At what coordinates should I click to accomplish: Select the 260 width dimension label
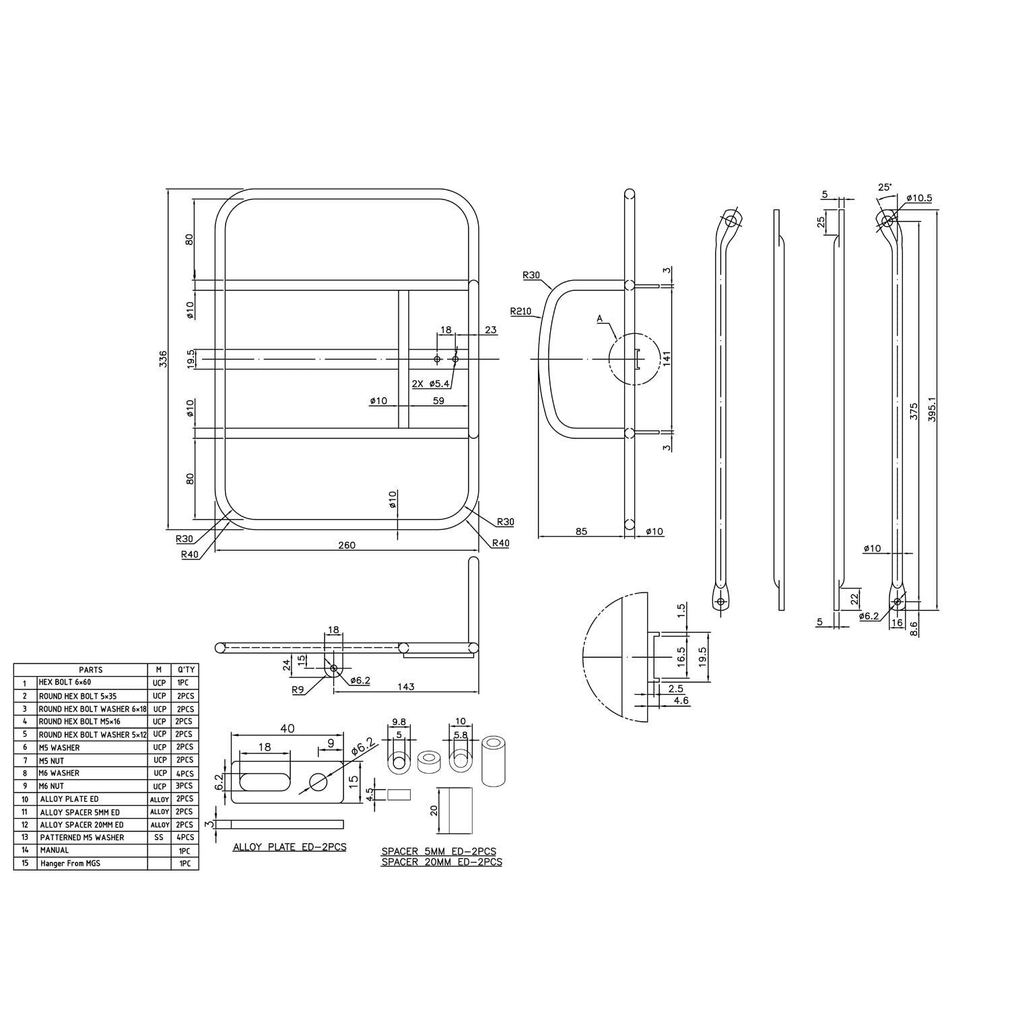347,545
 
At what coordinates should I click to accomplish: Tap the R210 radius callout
520,311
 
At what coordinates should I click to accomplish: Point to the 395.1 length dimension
932,407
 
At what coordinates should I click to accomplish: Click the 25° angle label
884,187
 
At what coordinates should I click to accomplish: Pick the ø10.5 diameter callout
918,198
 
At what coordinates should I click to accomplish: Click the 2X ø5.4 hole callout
431,383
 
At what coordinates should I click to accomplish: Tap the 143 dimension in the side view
406,687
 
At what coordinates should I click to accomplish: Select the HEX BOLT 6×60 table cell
65,682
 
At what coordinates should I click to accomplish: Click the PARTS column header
91,669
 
